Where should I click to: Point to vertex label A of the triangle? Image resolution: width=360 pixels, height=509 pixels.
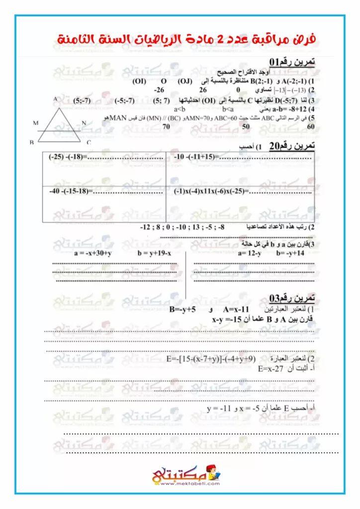55,100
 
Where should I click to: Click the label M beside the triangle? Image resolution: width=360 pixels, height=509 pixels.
35,122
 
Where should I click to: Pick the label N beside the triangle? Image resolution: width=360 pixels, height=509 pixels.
84,122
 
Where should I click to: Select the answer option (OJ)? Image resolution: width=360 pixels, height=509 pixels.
186,82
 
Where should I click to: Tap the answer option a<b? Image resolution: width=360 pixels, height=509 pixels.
180,109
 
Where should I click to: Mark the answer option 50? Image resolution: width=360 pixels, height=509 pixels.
246,127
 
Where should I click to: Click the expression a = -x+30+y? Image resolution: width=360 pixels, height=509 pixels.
92,253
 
